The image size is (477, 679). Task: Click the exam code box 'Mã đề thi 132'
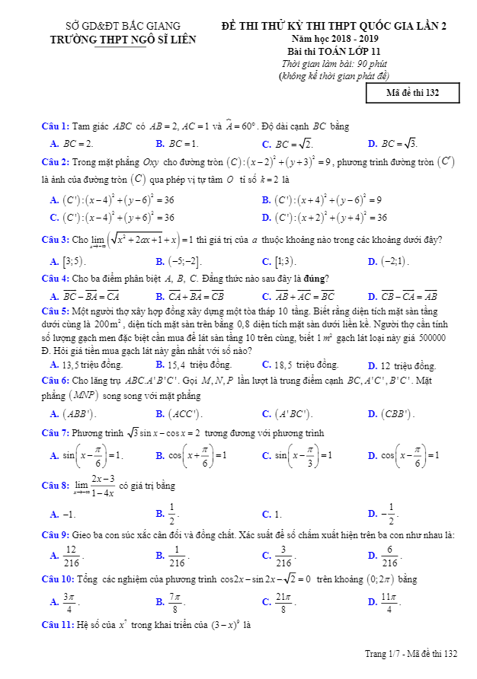coord(413,93)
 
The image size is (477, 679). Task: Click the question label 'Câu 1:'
coord(56,126)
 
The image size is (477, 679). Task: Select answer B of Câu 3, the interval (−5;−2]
coord(179,261)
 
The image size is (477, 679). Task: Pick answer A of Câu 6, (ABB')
coord(72,414)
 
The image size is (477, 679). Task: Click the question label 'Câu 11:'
coord(58,625)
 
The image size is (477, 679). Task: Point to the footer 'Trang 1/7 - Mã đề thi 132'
coord(411,654)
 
